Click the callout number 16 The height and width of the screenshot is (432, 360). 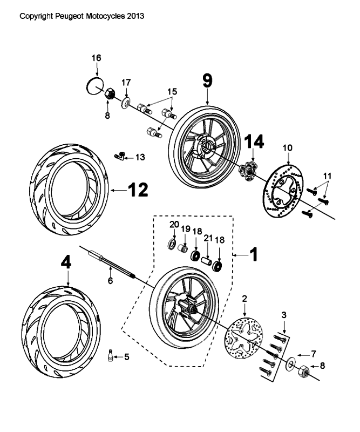(x=96, y=58)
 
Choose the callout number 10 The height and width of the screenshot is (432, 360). (x=287, y=147)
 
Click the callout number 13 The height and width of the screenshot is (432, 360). (x=140, y=157)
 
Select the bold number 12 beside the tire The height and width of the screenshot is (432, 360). (x=137, y=189)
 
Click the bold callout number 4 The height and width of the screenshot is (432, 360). (x=66, y=262)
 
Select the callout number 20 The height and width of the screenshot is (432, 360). (x=174, y=224)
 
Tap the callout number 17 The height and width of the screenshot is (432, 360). (x=126, y=83)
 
